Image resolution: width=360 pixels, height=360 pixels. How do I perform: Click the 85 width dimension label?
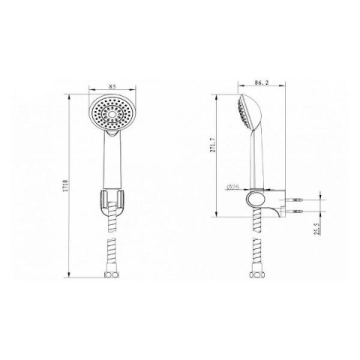pyautogui.click(x=112, y=86)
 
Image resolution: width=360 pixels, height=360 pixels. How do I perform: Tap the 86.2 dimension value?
pyautogui.click(x=262, y=82)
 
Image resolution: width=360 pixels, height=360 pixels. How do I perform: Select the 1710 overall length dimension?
pyautogui.click(x=66, y=185)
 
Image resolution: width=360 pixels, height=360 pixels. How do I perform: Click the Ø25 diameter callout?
pyautogui.click(x=232, y=187)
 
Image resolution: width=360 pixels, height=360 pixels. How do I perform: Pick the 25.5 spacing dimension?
pyautogui.click(x=317, y=229)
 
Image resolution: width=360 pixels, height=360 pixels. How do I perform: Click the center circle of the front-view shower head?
pyautogui.click(x=112, y=114)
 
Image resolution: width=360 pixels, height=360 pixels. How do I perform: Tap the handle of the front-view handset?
pyautogui.click(x=112, y=160)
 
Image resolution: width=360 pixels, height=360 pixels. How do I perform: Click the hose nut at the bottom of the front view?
pyautogui.click(x=112, y=274)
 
